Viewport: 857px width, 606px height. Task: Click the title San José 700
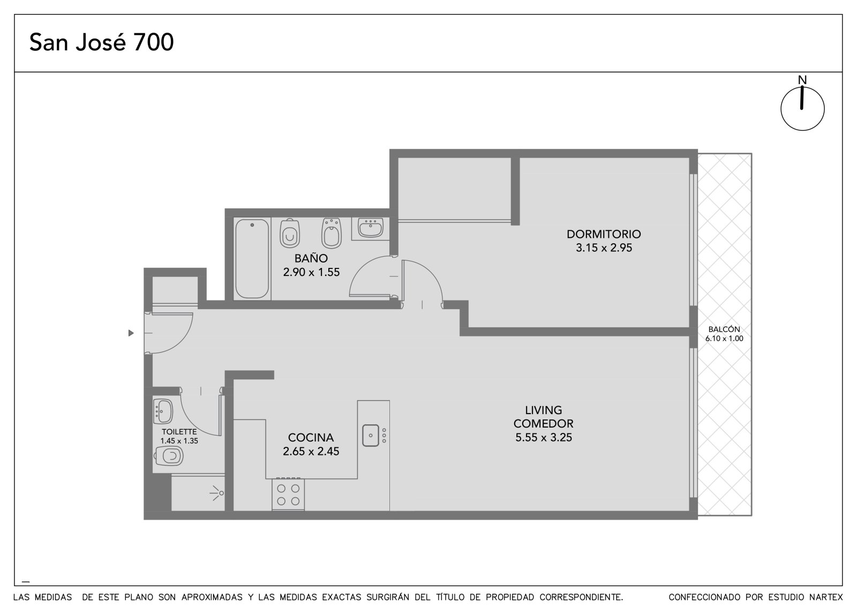(101, 42)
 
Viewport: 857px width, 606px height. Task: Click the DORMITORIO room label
(604, 234)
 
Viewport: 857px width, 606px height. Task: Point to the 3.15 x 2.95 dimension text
(604, 248)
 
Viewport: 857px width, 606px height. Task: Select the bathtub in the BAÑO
(252, 258)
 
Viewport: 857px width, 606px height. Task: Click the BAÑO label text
(311, 258)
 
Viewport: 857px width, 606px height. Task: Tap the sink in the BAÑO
(370, 228)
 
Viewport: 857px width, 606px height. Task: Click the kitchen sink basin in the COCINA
(370, 435)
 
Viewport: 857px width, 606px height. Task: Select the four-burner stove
(288, 494)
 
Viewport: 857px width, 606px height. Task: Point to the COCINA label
(311, 437)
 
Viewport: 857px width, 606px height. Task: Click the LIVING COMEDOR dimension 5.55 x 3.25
(543, 437)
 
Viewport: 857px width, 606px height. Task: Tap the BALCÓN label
(724, 329)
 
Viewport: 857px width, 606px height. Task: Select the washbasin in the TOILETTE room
(163, 412)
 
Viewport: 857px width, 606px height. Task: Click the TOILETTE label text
(179, 432)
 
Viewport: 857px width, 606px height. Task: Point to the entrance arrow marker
(131, 333)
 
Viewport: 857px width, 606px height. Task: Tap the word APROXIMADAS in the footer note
(212, 597)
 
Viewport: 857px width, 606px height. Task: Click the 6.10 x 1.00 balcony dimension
(724, 339)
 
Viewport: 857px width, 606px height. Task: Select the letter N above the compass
(802, 80)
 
